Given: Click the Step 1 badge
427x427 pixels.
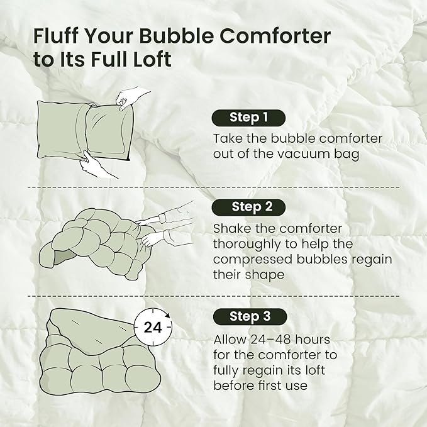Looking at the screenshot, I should (248, 117).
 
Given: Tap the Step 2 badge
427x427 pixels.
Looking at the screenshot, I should (248, 207).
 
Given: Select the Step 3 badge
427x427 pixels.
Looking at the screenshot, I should (248, 316).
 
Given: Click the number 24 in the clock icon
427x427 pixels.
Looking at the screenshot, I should (153, 328).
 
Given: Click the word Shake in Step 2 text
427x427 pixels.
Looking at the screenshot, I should (233, 229).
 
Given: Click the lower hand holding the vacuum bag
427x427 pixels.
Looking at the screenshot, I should (99, 165).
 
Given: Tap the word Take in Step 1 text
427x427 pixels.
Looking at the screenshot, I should (227, 138).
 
